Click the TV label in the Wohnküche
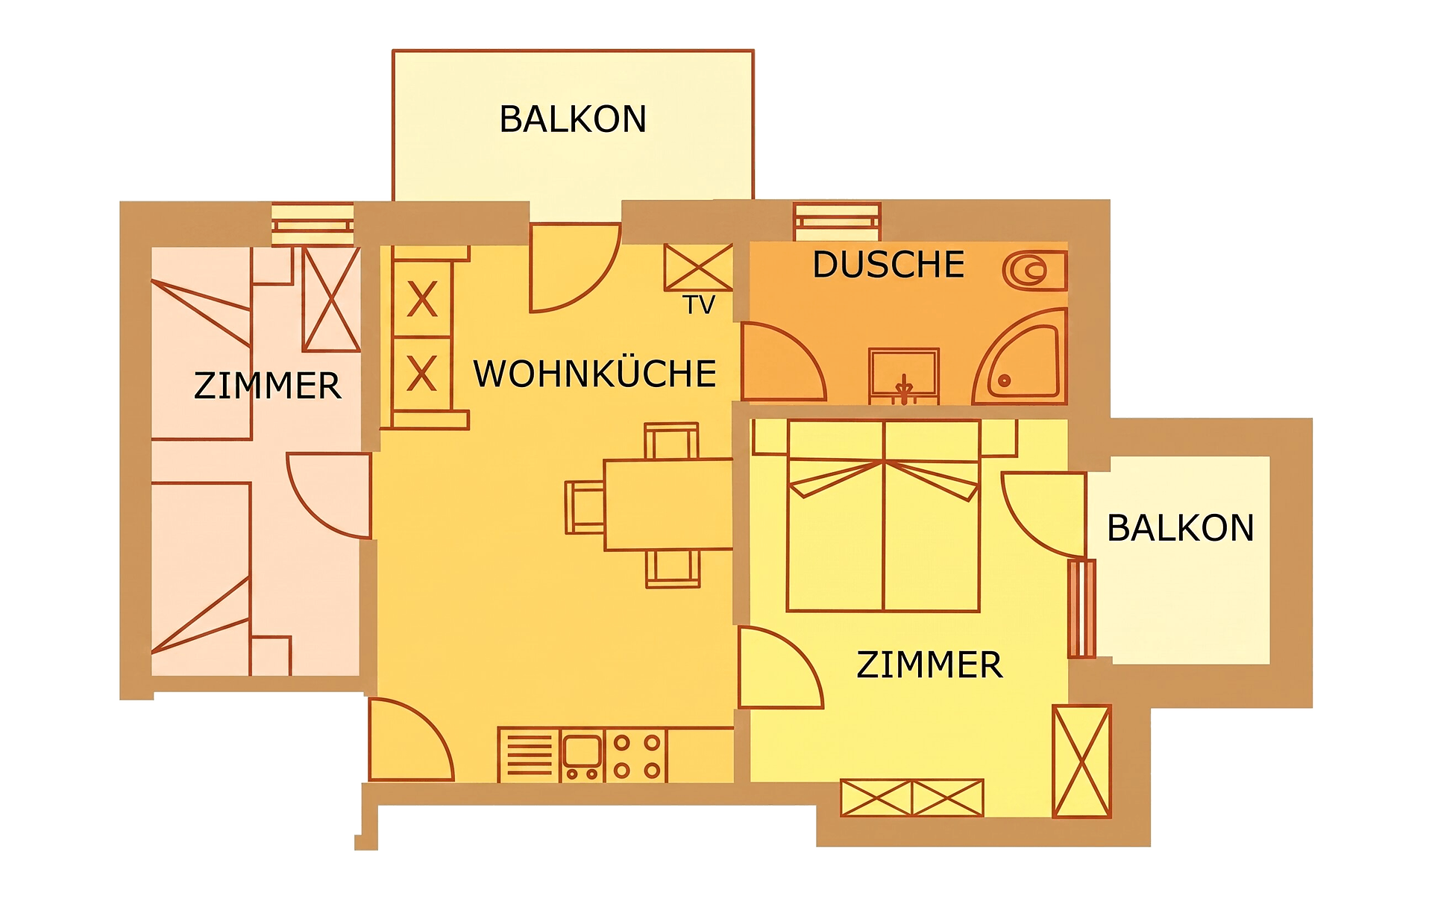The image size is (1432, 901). (x=699, y=304)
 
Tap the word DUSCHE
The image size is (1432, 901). (x=888, y=265)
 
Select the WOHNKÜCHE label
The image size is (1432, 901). (x=594, y=373)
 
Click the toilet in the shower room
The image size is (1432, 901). (x=1035, y=270)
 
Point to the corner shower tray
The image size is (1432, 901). (x=1022, y=357)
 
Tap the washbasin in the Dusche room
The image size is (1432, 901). (x=904, y=376)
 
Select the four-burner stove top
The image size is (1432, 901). (x=636, y=756)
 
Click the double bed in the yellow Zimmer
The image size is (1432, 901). (x=883, y=515)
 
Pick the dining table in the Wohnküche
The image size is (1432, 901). (x=668, y=504)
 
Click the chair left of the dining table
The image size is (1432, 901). (x=585, y=507)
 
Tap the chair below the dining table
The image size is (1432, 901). (x=673, y=568)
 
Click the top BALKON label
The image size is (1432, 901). (x=573, y=119)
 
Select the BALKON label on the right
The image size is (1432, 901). (x=1180, y=528)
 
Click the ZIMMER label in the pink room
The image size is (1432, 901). (x=267, y=386)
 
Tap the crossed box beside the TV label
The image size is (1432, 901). (x=699, y=268)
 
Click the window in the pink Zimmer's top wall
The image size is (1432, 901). (x=313, y=224)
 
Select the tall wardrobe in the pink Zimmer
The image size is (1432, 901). (x=331, y=299)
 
